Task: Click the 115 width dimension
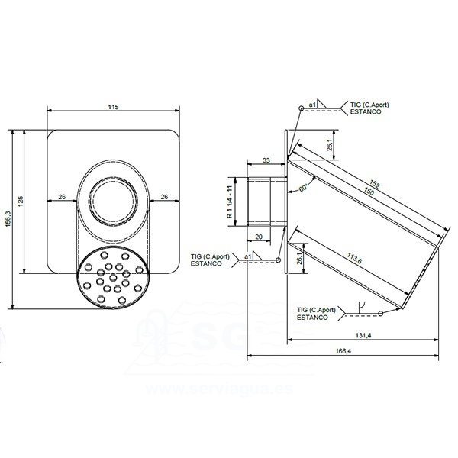pyautogui.click(x=113, y=107)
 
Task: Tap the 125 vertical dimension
pyautogui.click(x=21, y=200)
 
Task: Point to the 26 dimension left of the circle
pyautogui.click(x=62, y=197)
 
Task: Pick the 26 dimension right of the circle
pyautogui.click(x=164, y=197)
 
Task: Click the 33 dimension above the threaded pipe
pyautogui.click(x=266, y=160)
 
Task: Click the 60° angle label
pyautogui.click(x=305, y=187)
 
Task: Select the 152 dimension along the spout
pyautogui.click(x=375, y=183)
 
